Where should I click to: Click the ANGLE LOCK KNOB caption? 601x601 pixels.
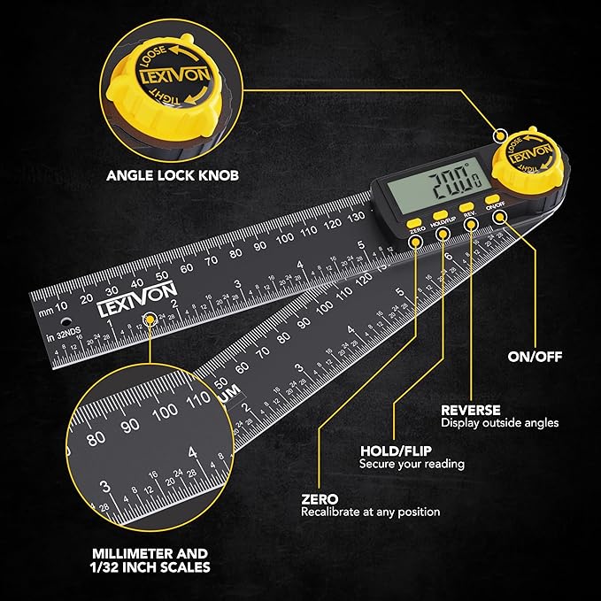172,175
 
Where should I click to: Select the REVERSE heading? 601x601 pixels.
471,410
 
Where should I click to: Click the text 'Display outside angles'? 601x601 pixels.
500,423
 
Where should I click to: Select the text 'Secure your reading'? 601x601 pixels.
412,464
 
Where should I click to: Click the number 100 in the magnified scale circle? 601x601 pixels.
166,412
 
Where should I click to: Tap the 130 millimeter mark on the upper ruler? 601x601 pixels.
356,216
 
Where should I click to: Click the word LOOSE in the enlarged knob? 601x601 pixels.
149,51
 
